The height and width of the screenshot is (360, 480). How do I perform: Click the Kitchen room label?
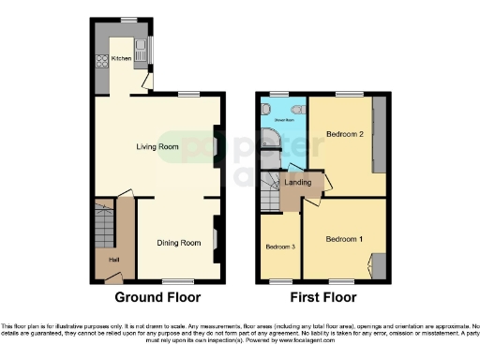[x=122, y=58]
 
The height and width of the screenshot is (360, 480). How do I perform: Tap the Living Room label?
[x=157, y=147]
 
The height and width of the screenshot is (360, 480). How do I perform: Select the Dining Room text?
[x=178, y=243]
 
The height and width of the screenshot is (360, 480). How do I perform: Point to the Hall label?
[x=113, y=260]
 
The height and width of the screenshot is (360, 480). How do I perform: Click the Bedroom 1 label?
[x=344, y=240]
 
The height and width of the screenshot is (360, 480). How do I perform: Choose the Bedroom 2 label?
[x=345, y=135]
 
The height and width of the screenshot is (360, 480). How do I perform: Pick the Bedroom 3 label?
[x=279, y=247]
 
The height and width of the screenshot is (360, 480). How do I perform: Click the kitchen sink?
[x=140, y=45]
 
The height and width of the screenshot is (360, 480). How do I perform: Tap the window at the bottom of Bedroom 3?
[x=278, y=279]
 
